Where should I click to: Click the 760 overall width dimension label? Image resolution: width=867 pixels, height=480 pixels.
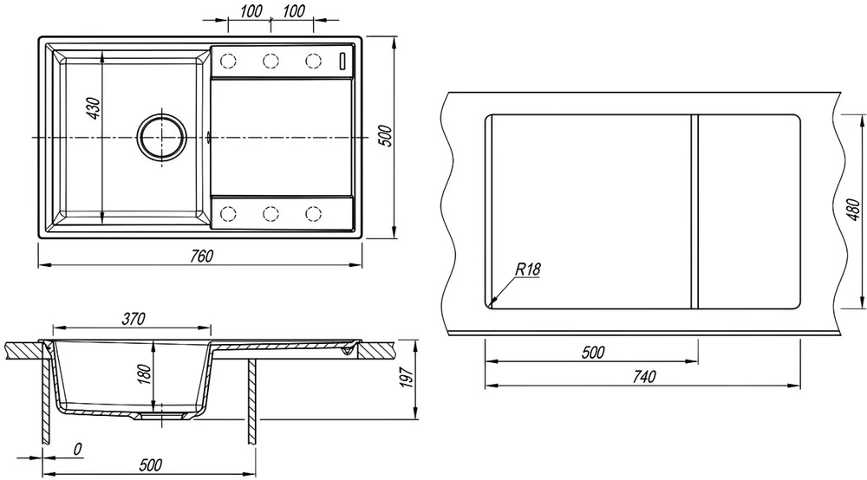201,256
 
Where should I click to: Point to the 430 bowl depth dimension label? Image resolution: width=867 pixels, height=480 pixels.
94,109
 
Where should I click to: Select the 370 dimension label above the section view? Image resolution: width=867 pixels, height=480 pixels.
134,319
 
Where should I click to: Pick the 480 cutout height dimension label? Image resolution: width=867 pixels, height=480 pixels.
853,210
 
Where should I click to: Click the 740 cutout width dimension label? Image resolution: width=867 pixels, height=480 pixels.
643,376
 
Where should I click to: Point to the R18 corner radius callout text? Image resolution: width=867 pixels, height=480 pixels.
527,269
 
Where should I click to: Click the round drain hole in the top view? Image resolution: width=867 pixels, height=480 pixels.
163,137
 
